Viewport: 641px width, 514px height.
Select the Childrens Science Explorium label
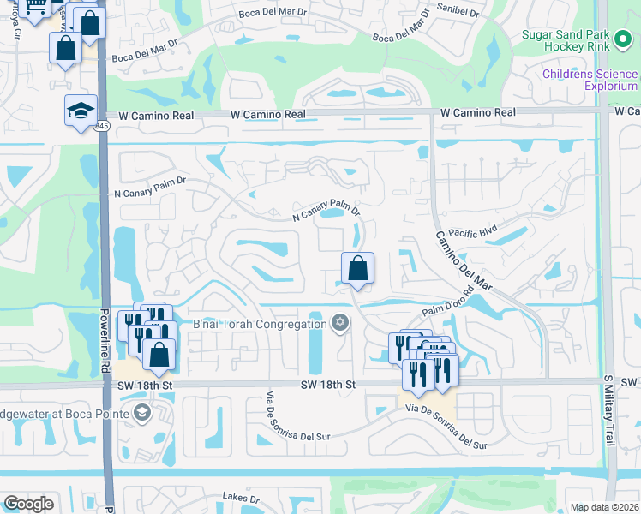click(x=590, y=81)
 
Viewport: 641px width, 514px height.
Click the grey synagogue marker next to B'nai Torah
click(x=340, y=323)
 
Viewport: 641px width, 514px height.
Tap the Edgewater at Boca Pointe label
click(x=64, y=414)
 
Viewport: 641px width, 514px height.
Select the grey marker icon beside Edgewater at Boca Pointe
click(x=141, y=414)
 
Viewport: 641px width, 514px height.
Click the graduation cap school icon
click(x=81, y=111)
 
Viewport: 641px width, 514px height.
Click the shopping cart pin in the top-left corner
click(x=36, y=8)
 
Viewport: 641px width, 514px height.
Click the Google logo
click(x=28, y=504)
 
